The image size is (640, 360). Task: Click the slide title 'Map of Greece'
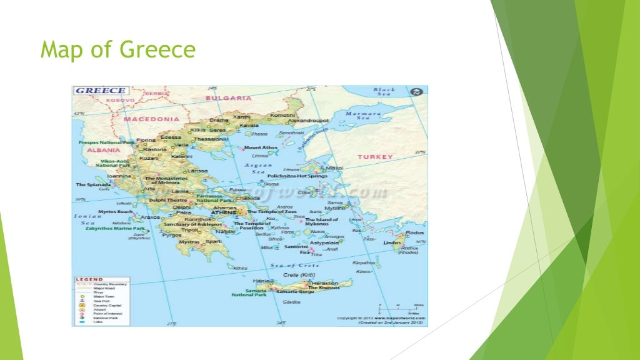point(118,50)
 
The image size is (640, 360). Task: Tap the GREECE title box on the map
point(101,91)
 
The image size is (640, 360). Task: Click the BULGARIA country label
point(228,98)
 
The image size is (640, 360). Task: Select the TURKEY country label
point(375,157)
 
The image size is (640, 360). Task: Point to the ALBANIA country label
point(103,151)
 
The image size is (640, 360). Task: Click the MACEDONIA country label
point(151,119)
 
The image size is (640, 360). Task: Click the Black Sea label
point(384,92)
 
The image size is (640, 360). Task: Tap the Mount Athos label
point(260,147)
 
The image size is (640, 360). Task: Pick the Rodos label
point(414,233)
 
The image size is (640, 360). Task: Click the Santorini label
point(296,247)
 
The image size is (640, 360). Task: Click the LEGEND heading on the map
point(89,279)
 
